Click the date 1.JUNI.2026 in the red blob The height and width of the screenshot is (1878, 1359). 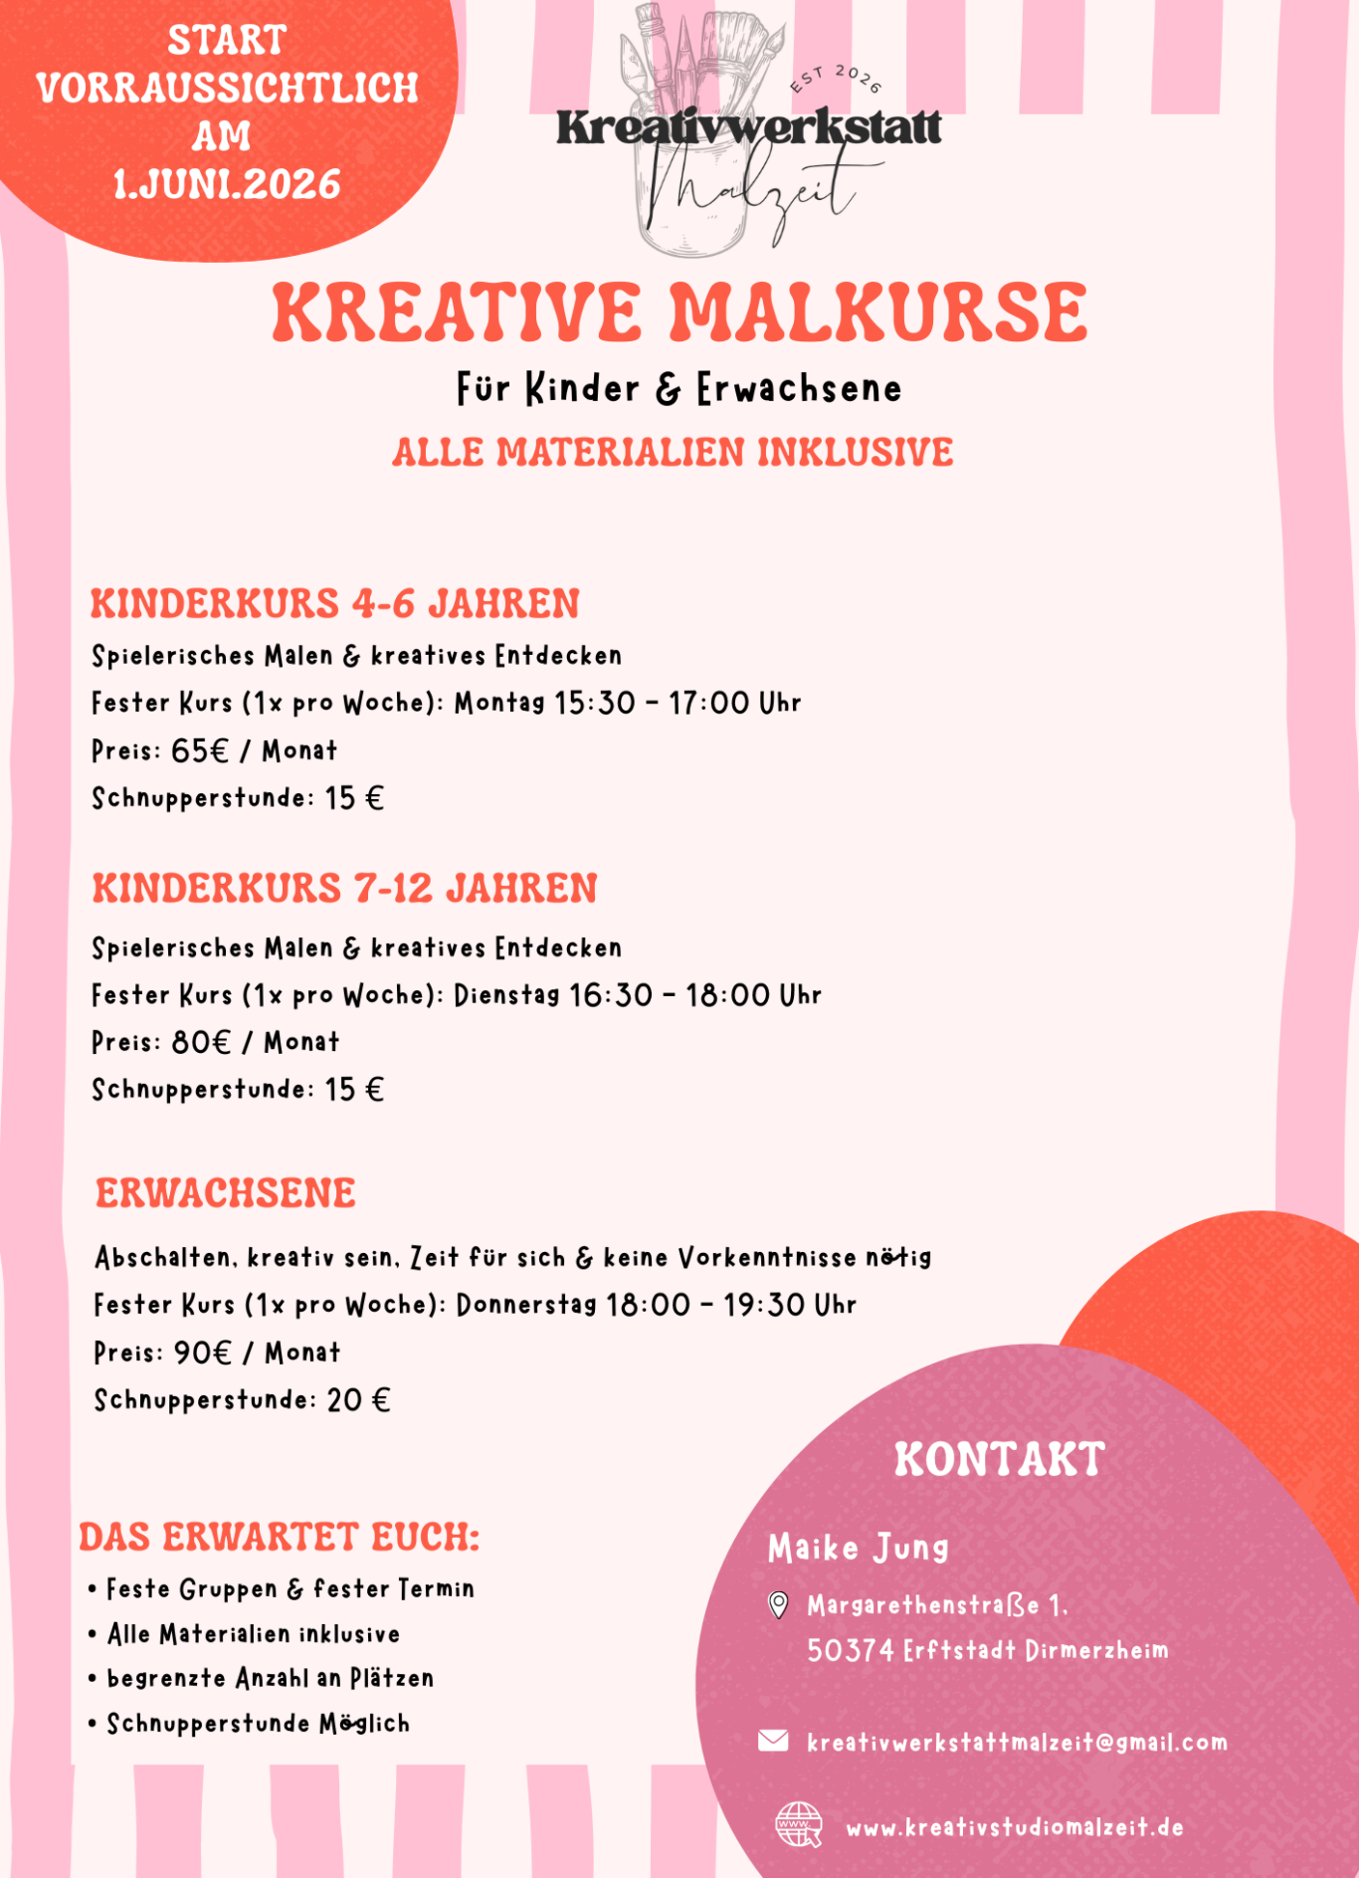coord(227,185)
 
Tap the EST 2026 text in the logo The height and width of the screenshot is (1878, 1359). coord(836,79)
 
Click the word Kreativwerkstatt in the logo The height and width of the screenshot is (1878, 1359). coord(748,127)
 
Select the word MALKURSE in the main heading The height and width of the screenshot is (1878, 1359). coord(878,313)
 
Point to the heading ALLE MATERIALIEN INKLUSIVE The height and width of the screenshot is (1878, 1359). coord(673,453)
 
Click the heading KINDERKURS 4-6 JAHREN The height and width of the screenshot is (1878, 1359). coord(334,604)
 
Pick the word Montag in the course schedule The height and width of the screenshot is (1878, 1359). coord(499,703)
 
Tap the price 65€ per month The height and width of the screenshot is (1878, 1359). coord(200,750)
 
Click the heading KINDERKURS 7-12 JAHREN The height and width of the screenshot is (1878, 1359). coord(344,889)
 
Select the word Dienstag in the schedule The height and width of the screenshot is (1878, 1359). coord(506,995)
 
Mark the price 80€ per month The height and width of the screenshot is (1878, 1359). coord(201,1042)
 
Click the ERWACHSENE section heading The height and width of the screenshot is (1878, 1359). coord(226,1193)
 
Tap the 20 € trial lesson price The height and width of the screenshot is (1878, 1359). coord(358,1400)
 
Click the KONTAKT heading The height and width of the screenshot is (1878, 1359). coord(999,1460)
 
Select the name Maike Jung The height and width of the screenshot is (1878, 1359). coord(858,1548)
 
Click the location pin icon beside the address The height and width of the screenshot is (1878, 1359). coord(779,1604)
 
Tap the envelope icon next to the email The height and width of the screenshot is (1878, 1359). coord(773,1741)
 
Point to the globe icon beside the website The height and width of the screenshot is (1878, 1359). coord(798,1825)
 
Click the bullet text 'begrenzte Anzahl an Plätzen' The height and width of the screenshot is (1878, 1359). coord(270,1679)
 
